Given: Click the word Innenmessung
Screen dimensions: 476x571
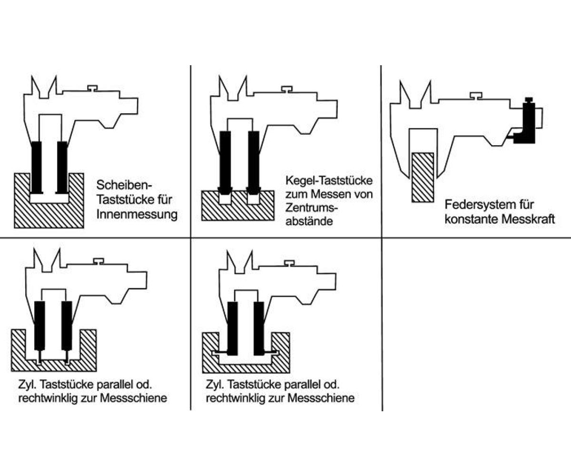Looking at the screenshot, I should pos(137,214).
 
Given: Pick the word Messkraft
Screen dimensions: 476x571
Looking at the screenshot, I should pos(532,219).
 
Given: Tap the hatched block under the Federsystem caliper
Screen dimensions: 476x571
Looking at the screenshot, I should pos(423,176).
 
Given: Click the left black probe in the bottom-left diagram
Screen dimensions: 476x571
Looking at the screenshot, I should pos(40,326).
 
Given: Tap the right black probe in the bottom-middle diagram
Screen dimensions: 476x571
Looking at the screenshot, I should pos(259,328).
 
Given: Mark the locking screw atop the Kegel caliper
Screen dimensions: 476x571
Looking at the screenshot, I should pos(286,89).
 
